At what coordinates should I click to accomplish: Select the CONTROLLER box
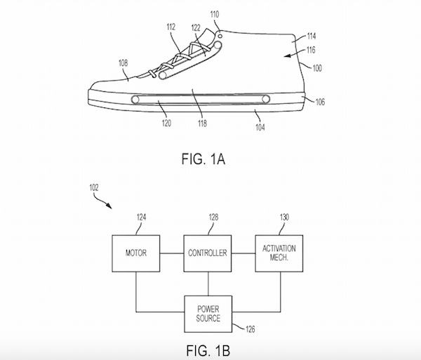(208, 253)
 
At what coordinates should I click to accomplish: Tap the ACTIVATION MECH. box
(279, 253)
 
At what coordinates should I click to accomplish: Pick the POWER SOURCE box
(208, 313)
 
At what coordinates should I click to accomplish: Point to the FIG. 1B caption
(209, 349)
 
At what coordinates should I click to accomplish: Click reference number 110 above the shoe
(213, 14)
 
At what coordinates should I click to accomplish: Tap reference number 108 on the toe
(123, 62)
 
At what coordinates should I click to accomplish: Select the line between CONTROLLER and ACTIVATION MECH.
(244, 253)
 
